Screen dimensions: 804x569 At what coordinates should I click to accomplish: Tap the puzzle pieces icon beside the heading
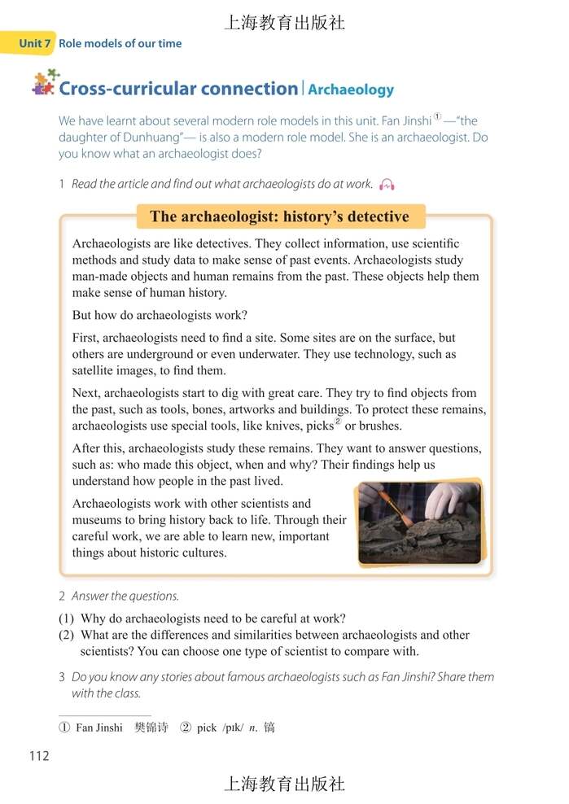click(x=45, y=83)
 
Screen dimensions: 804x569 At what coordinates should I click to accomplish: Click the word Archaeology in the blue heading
click(x=351, y=90)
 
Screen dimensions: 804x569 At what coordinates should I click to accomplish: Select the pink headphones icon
click(x=387, y=185)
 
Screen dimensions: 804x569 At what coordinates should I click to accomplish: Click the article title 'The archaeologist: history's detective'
click(x=278, y=216)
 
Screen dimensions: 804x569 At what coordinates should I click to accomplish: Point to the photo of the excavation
click(x=418, y=521)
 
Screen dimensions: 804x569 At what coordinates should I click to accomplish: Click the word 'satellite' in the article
click(x=98, y=370)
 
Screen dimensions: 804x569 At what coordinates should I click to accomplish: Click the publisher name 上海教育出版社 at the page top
click(x=284, y=23)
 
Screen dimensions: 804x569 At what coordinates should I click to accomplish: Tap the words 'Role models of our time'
click(x=120, y=43)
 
